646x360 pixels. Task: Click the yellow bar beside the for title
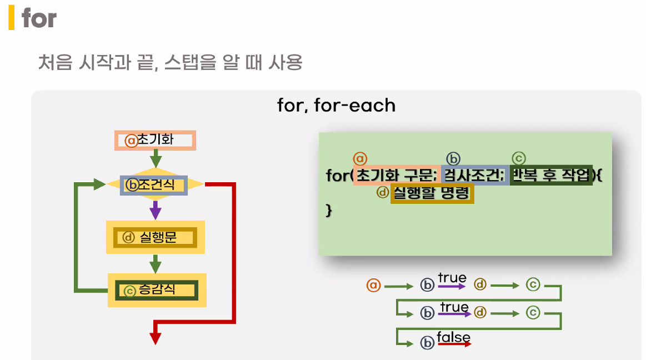[11, 18]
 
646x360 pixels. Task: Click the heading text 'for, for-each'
[336, 105]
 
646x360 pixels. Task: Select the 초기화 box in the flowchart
[156, 140]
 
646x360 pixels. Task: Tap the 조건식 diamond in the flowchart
[155, 184]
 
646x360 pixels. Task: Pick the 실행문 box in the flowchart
[155, 238]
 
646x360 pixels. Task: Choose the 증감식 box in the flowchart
[157, 290]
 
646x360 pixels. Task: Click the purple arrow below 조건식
[156, 209]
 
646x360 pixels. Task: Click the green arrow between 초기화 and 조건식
[156, 159]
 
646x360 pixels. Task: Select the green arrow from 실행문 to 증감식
[156, 263]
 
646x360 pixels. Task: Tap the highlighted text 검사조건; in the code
[474, 176]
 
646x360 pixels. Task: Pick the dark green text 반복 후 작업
[550, 176]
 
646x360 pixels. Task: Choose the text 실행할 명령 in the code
[432, 194]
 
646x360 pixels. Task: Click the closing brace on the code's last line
[328, 211]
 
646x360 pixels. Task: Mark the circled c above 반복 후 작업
[518, 159]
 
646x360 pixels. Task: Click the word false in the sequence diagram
[453, 337]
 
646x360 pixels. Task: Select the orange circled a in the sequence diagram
[373, 286]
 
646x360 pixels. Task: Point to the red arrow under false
[454, 344]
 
